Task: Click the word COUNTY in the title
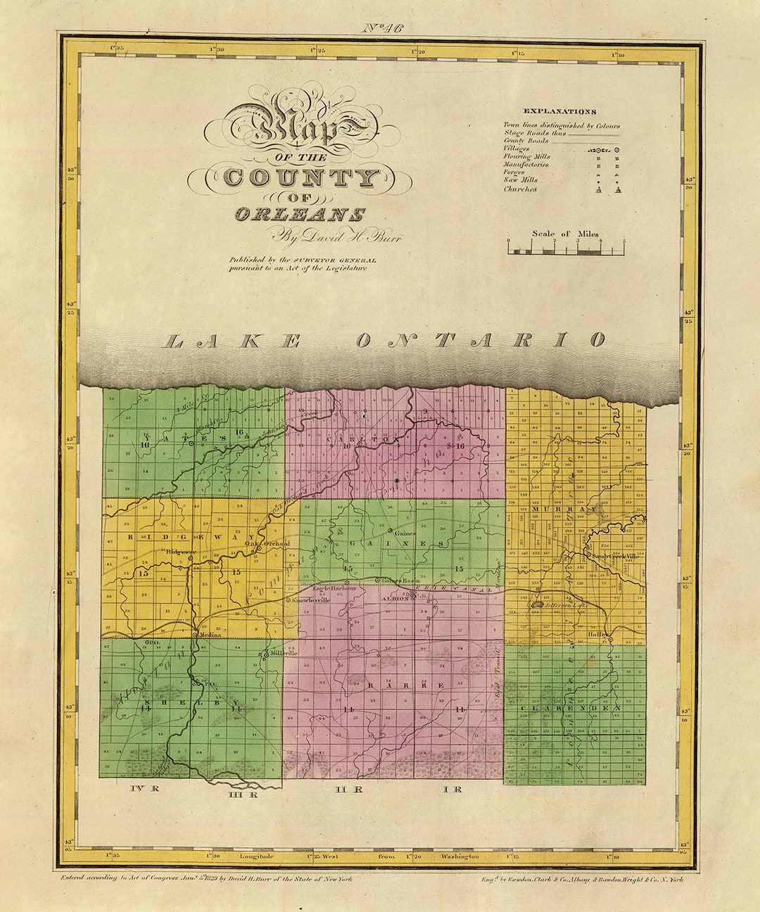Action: click(300, 177)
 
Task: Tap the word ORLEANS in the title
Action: click(300, 215)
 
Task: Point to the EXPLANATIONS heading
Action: click(559, 111)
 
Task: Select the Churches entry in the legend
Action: click(520, 189)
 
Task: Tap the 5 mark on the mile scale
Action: click(623, 241)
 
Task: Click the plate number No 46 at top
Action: click(384, 28)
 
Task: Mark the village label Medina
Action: click(210, 635)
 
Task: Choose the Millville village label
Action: click(282, 653)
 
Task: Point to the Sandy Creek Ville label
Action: click(615, 556)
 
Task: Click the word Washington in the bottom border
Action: click(460, 856)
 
